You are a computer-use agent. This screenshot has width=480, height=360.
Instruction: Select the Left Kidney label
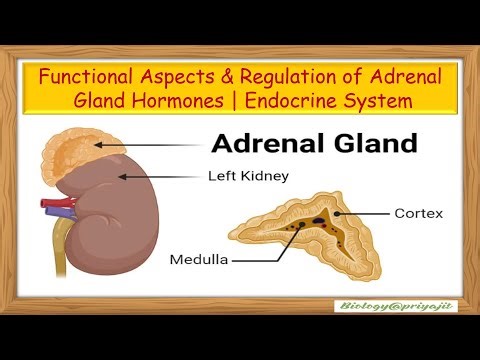click(x=248, y=176)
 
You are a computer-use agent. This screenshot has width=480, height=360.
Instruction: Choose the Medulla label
click(x=201, y=259)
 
